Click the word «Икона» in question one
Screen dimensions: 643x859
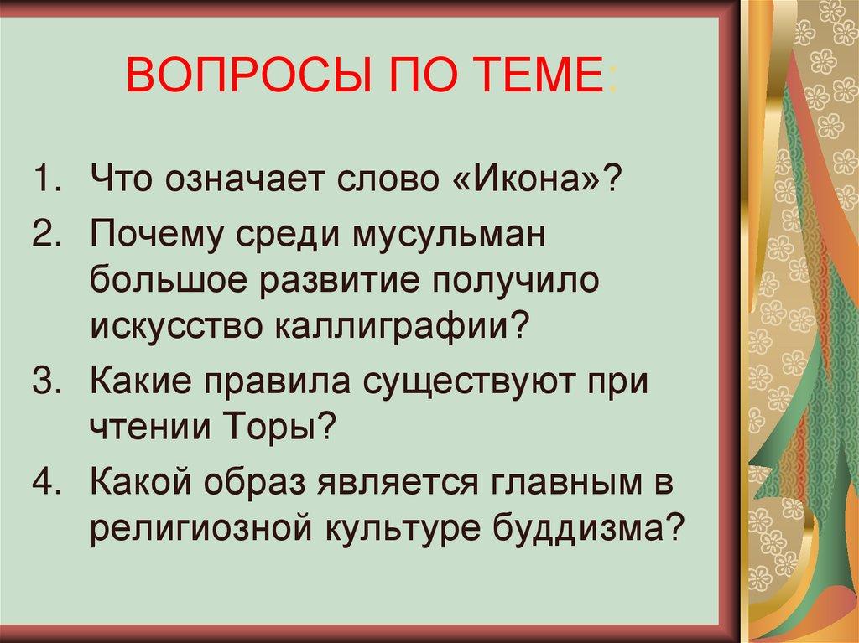533,180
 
